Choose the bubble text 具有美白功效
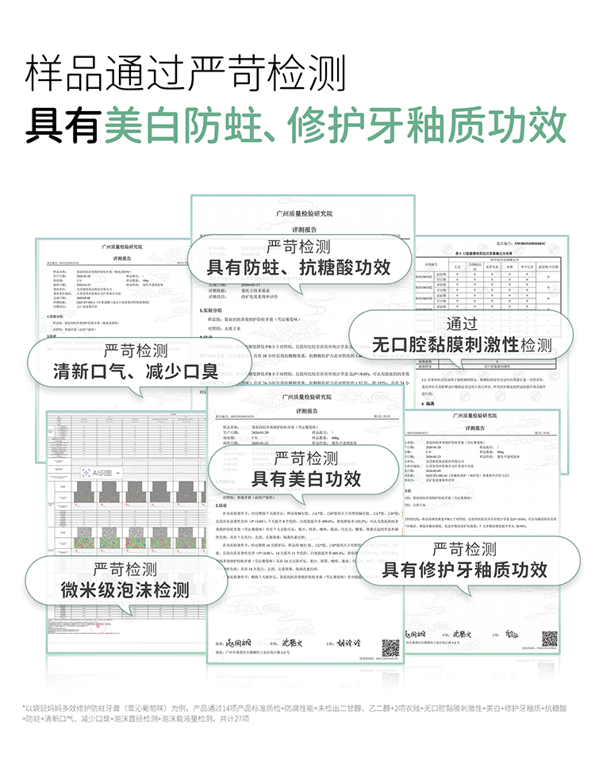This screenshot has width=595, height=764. [306, 478]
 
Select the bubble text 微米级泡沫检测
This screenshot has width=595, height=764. [125, 589]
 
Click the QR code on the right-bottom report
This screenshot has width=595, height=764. [549, 638]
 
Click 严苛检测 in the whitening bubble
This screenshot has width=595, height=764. [306, 458]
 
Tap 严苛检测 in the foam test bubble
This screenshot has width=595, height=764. [125, 569]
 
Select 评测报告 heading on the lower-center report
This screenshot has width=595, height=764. [306, 410]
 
